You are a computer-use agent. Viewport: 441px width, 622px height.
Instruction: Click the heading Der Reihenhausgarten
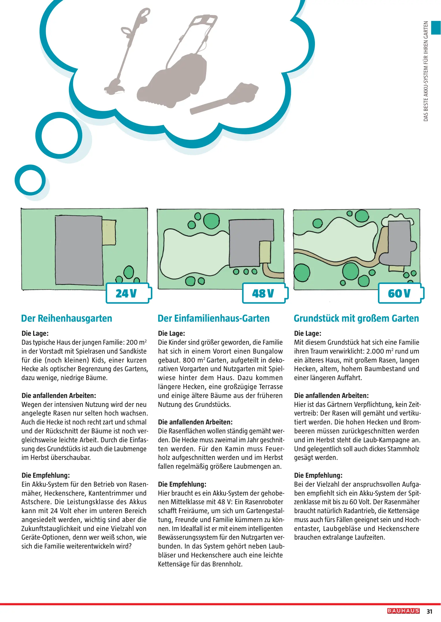click(67, 318)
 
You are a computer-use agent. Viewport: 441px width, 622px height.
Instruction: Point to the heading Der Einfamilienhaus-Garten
click(213, 318)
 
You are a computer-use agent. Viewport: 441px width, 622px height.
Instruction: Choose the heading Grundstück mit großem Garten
click(356, 318)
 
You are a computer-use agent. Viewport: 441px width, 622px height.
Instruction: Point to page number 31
click(429, 611)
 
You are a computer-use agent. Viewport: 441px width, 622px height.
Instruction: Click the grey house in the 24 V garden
click(79, 250)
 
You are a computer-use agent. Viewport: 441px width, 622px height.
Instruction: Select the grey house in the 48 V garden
click(248, 242)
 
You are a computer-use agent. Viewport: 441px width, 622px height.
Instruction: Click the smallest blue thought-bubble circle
click(30, 180)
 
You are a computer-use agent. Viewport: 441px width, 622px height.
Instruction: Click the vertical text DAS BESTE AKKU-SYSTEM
click(426, 71)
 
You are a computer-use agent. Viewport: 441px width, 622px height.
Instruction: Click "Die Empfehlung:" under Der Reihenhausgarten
click(46, 475)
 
